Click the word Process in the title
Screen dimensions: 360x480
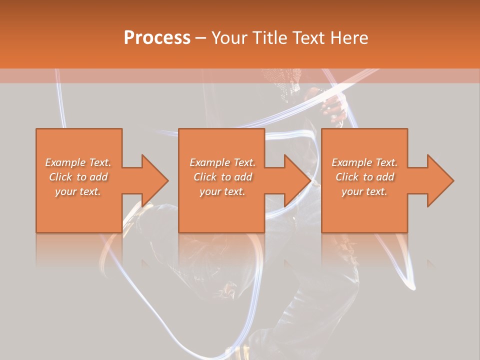tap(157, 38)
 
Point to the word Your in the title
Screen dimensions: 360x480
tap(230, 38)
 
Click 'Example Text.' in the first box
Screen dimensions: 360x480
tap(78, 162)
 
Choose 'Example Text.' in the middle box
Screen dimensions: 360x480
tap(222, 162)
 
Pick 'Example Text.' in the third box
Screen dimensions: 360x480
tap(364, 162)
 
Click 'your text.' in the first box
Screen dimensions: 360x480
tap(78, 191)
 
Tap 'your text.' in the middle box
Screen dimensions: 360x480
tap(222, 191)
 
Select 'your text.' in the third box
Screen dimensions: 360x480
tap(364, 191)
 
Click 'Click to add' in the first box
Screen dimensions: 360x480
tap(78, 177)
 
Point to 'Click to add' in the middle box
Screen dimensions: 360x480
tap(222, 177)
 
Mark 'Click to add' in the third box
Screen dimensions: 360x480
tap(364, 177)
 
